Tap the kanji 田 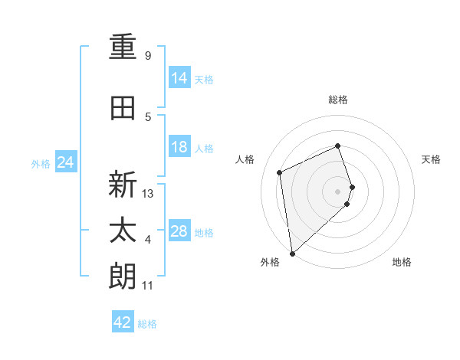click(x=123, y=108)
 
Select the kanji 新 click(x=123, y=185)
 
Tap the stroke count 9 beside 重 click(x=147, y=56)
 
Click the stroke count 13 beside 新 click(x=148, y=194)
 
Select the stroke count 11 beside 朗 click(x=147, y=286)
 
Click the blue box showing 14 click(x=179, y=77)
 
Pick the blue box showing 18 click(x=179, y=147)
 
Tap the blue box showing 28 click(x=179, y=231)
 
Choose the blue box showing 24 click(x=66, y=162)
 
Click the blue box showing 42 click(x=123, y=322)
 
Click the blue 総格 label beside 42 click(x=147, y=324)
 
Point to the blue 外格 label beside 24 click(x=41, y=164)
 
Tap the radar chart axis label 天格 click(x=432, y=159)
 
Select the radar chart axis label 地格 click(x=402, y=262)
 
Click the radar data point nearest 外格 click(x=292, y=253)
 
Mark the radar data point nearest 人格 click(x=280, y=172)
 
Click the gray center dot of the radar click(x=338, y=191)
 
